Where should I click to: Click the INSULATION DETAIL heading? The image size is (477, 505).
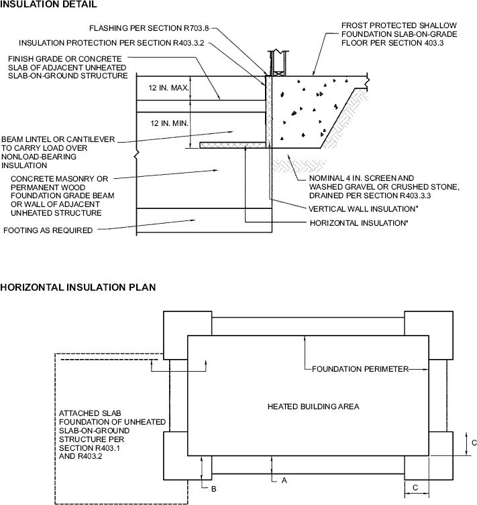[48, 4]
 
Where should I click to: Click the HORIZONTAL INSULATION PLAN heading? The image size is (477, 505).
[78, 287]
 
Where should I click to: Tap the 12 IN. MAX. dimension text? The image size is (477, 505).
[168, 88]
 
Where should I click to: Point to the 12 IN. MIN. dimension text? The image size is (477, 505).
[169, 123]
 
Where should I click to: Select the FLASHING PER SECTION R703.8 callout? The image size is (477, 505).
[149, 28]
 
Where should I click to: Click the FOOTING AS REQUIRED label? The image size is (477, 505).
[48, 230]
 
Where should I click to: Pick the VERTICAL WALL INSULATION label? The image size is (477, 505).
[362, 209]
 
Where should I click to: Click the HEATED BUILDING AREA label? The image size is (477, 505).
[313, 407]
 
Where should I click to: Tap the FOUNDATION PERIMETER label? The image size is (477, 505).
[360, 369]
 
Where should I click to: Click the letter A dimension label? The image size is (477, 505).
[284, 480]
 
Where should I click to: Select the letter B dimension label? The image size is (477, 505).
[214, 489]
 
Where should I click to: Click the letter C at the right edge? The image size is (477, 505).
[474, 443]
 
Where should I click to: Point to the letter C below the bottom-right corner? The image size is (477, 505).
[415, 488]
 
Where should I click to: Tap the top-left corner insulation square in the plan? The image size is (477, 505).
[188, 336]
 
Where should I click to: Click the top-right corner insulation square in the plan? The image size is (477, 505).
[429, 336]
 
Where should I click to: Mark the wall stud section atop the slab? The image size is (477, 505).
[278, 63]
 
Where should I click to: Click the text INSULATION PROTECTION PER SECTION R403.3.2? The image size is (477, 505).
[111, 43]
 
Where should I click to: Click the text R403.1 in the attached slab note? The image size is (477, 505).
[108, 448]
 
